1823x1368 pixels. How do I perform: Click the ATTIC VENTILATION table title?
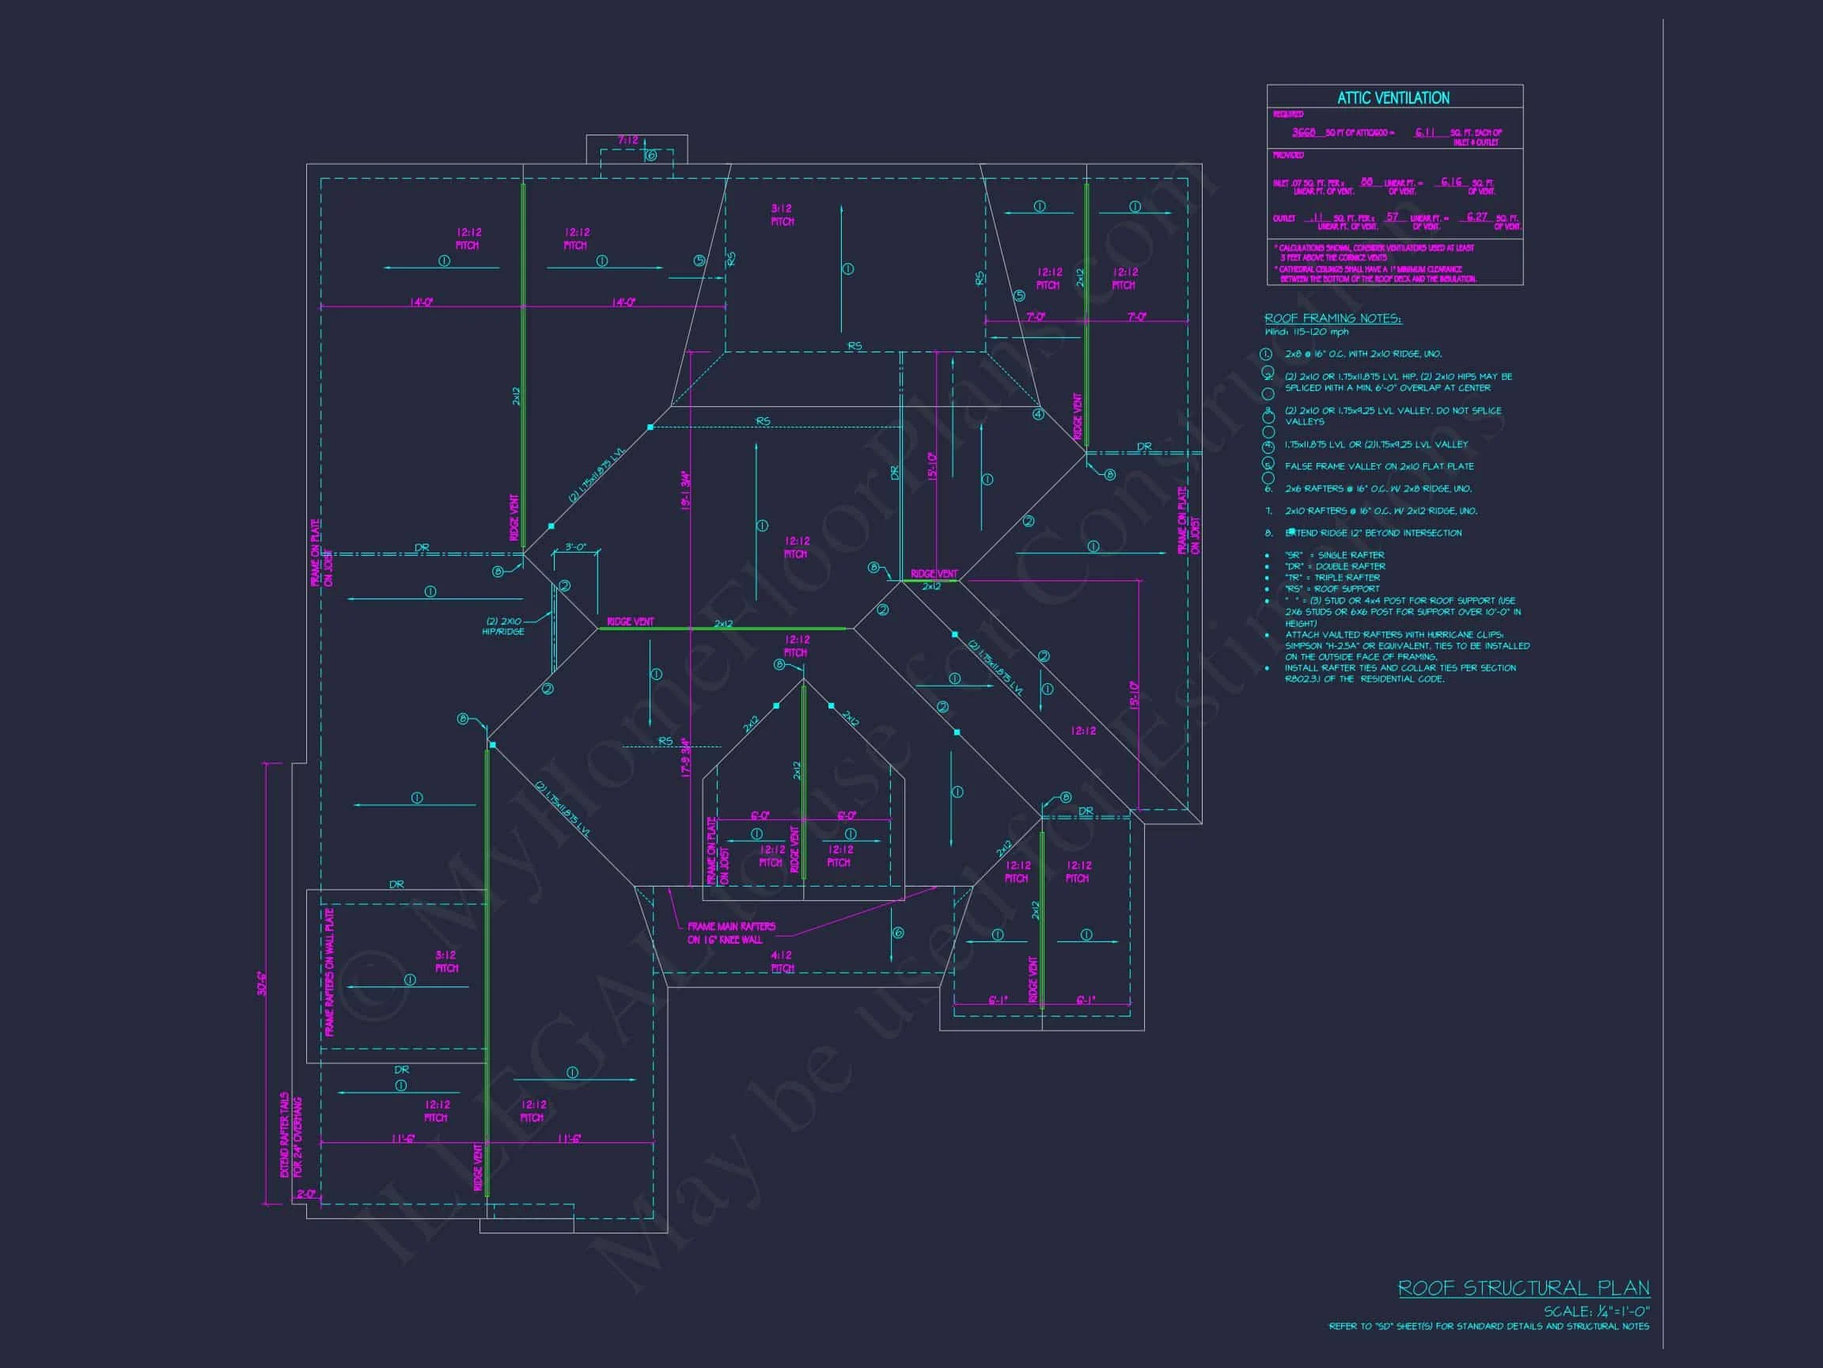(1393, 98)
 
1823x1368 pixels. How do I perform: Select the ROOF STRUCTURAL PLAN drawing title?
(1523, 1288)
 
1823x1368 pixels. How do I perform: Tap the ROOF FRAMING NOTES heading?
(1332, 318)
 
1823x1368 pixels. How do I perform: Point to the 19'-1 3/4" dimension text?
(685, 490)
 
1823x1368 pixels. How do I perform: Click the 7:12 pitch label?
(628, 141)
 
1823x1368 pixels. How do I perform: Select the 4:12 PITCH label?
(781, 961)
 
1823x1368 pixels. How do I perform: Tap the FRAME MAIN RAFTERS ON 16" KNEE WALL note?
(731, 933)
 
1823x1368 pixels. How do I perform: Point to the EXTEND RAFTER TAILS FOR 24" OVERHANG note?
(291, 1136)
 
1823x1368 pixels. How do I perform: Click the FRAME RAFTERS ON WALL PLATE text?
(330, 972)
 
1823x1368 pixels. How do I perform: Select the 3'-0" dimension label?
(575, 548)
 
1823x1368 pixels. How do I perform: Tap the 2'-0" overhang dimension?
(305, 1194)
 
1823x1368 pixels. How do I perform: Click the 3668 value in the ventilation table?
(1303, 133)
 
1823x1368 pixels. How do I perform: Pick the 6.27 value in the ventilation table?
(1477, 217)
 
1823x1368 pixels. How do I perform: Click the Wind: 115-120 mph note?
(1306, 332)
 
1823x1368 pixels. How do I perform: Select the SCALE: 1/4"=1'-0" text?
(1597, 1311)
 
